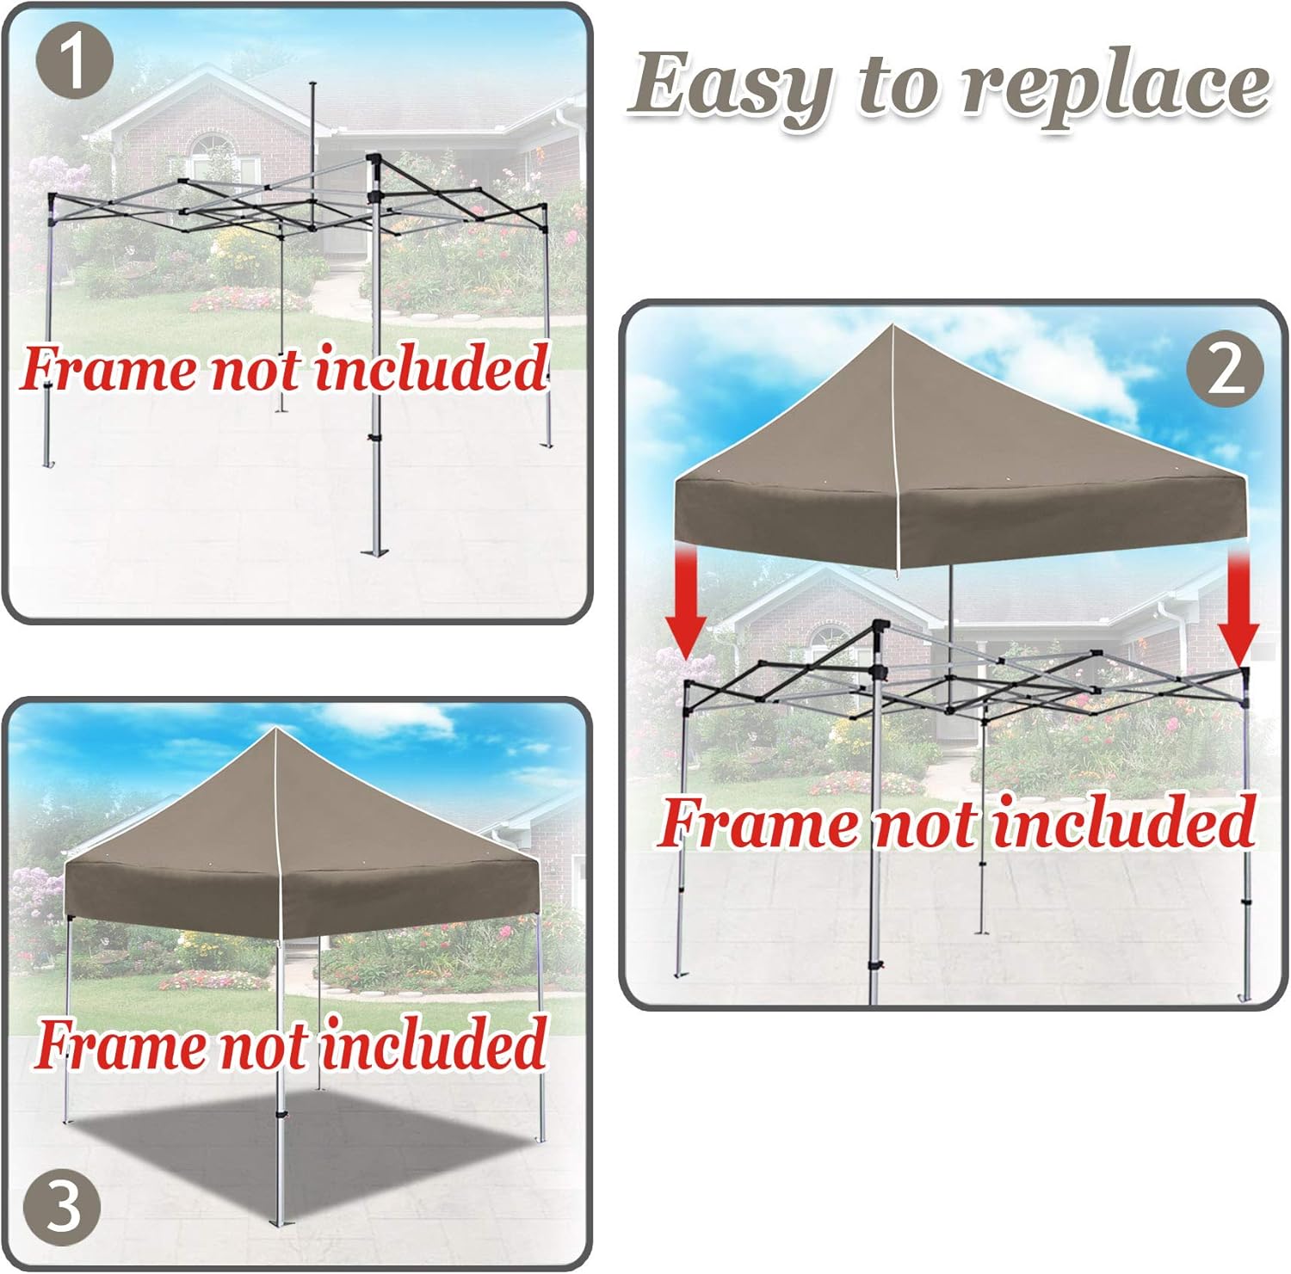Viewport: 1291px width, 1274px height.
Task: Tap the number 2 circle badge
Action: (1225, 371)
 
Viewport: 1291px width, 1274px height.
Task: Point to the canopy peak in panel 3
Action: (275, 730)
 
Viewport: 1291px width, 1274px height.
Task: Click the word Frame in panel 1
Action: (108, 369)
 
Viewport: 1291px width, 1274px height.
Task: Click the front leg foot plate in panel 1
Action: (374, 548)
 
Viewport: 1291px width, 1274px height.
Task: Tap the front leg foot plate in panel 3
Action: (277, 1221)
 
